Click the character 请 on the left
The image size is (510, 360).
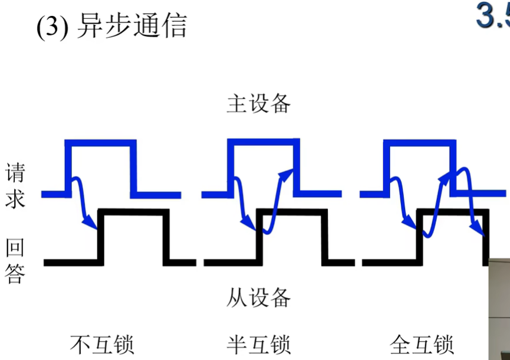(x=15, y=175)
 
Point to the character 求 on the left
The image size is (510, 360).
(x=15, y=199)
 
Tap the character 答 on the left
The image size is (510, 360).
(x=15, y=273)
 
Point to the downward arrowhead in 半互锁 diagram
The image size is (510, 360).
(x=250, y=225)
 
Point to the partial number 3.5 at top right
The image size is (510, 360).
(x=492, y=17)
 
